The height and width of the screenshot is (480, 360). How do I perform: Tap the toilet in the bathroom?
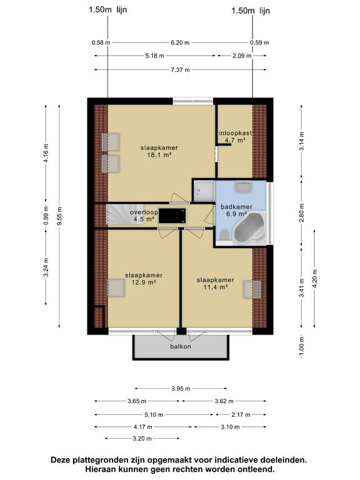click(x=224, y=235)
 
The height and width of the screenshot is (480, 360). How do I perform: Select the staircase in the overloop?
click(x=117, y=216)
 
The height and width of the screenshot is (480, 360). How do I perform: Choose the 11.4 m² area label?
click(x=216, y=287)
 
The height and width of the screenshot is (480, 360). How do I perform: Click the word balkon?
click(x=180, y=346)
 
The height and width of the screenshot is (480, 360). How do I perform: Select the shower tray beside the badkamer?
click(x=202, y=189)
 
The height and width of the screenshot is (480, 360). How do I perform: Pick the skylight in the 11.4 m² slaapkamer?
click(x=251, y=288)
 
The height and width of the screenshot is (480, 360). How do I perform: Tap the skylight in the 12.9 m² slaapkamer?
click(x=116, y=287)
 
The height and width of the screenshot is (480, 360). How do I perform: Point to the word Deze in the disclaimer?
click(x=64, y=460)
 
